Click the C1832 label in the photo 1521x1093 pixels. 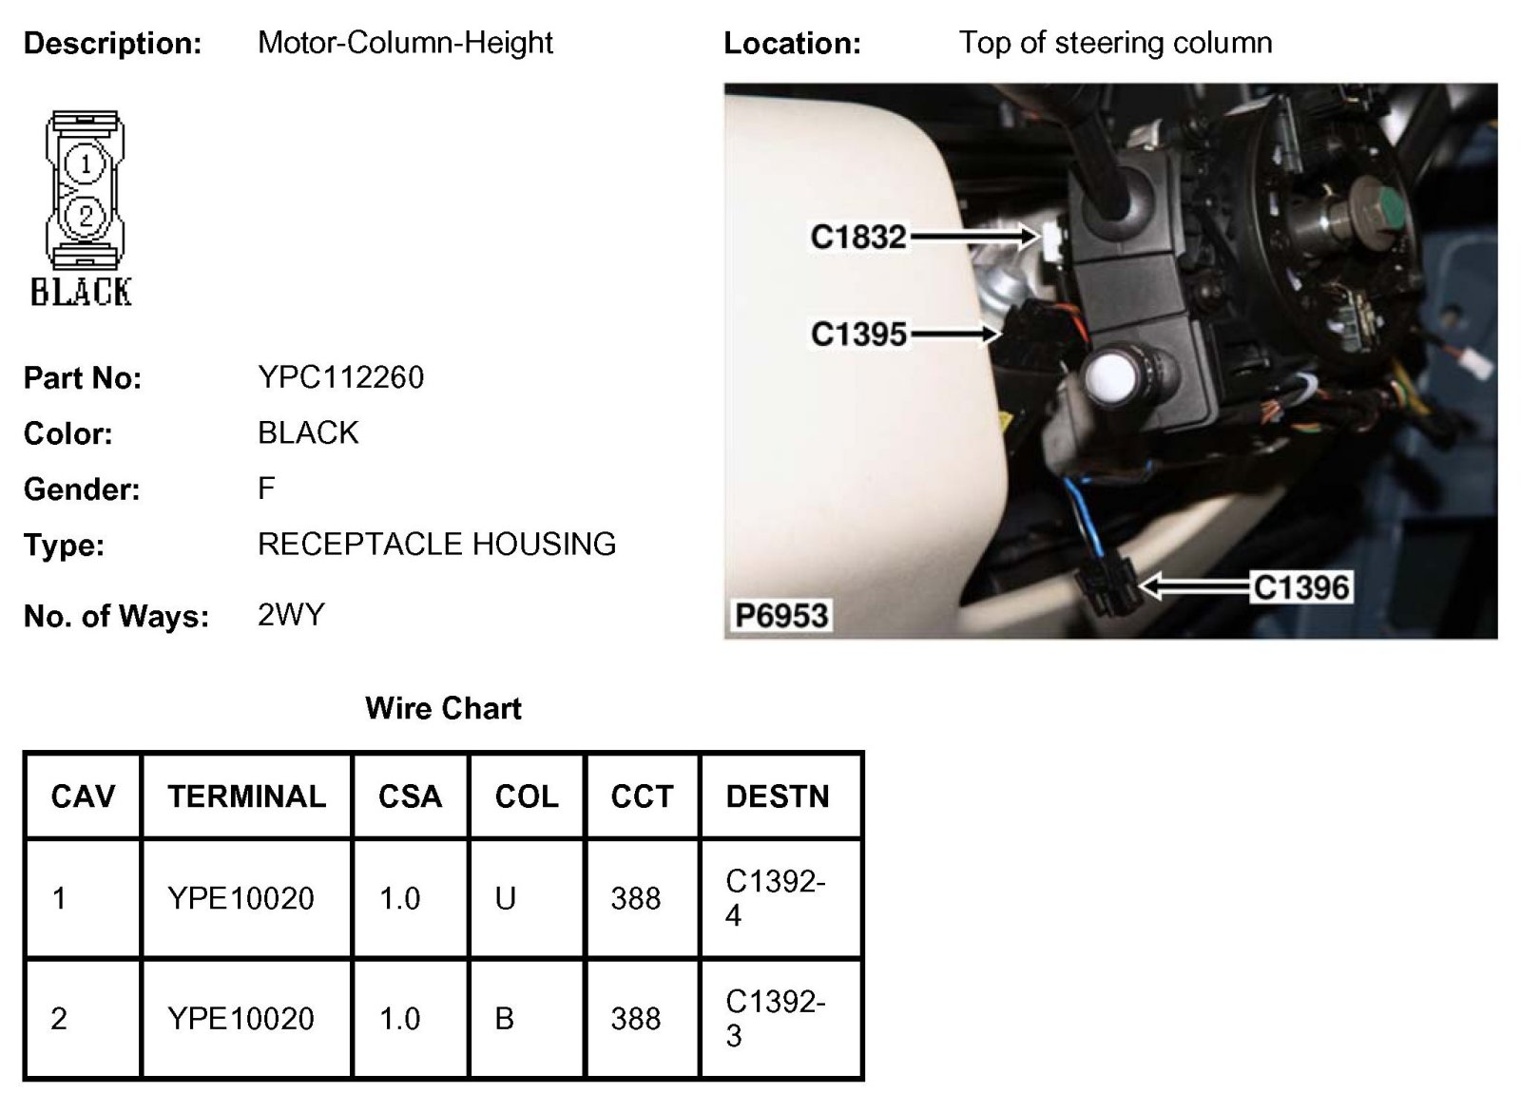(858, 237)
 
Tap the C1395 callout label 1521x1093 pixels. (858, 334)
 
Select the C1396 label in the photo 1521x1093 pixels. (1300, 587)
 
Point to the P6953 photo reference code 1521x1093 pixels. (781, 616)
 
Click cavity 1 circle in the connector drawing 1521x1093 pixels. (86, 164)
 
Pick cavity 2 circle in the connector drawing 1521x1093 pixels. (86, 216)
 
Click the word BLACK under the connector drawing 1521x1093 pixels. (82, 292)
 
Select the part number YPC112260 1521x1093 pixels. (340, 377)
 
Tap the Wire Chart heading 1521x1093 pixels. (443, 708)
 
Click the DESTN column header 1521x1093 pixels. (778, 796)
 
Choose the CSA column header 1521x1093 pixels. (410, 796)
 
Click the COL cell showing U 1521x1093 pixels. (505, 898)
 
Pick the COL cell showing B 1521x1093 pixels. (505, 1019)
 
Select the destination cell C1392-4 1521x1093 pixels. (775, 898)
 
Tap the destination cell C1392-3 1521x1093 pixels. (775, 1018)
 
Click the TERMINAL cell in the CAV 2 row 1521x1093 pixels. (241, 1019)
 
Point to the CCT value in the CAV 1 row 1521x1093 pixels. (635, 898)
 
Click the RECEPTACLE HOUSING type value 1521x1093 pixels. (436, 545)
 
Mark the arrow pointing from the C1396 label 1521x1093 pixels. (1193, 587)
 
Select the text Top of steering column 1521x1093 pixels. (1115, 43)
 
